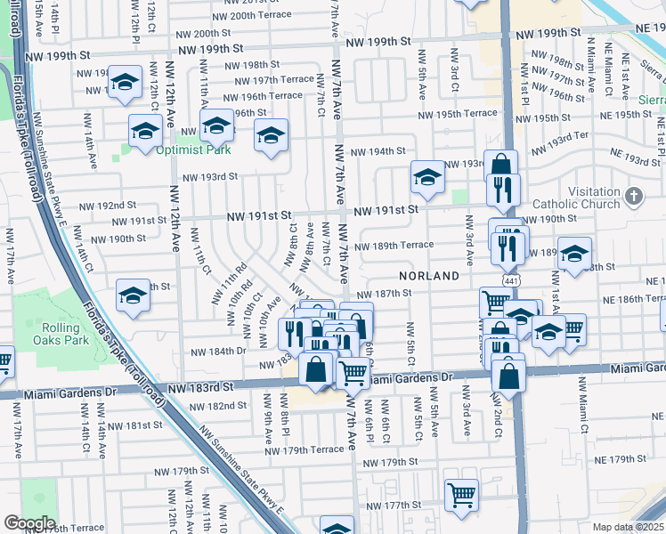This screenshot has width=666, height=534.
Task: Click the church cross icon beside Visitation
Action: pyautogui.click(x=633, y=194)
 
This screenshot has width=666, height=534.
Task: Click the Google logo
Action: pyautogui.click(x=29, y=523)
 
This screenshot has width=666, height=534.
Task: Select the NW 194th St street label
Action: pyautogui.click(x=377, y=151)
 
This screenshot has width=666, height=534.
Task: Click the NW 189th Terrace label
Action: pyautogui.click(x=394, y=246)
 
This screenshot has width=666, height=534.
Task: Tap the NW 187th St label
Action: pyautogui.click(x=385, y=294)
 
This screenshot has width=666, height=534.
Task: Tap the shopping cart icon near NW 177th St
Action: pyautogui.click(x=461, y=494)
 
